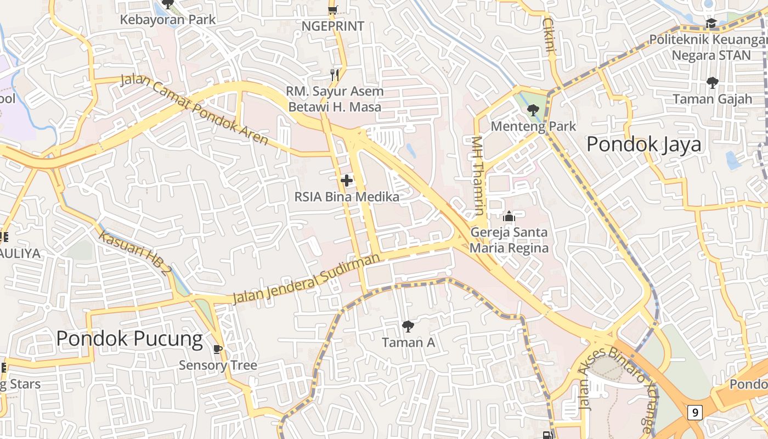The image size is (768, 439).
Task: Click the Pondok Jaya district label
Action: [643, 144]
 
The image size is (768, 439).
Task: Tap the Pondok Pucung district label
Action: [129, 339]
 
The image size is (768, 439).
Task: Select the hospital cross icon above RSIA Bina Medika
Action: [346, 180]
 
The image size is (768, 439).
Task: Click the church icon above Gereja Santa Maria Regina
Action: [509, 217]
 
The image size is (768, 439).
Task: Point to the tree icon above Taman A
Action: [408, 327]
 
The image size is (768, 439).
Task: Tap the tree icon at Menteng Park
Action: [533, 110]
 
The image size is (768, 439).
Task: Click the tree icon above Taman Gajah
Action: [712, 83]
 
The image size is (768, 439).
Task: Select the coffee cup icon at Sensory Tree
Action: [218, 349]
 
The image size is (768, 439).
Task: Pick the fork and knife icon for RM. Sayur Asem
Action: [335, 75]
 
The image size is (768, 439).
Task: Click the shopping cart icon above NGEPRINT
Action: [332, 9]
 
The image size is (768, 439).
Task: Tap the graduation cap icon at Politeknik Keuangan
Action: [711, 24]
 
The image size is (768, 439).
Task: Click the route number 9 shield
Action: [695, 412]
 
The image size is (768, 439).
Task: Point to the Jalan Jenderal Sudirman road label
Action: [306, 279]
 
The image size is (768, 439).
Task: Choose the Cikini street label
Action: [549, 35]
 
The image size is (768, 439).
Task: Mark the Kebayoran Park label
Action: [168, 20]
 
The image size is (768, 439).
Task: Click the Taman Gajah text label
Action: [712, 99]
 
